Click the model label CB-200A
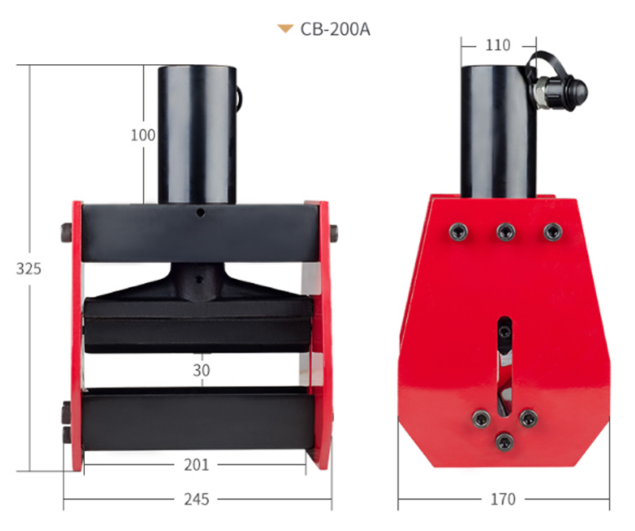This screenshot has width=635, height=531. tap(335, 29)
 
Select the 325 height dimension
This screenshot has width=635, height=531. tap(29, 268)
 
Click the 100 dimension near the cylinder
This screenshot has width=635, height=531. tap(143, 136)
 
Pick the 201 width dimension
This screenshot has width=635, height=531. tap(196, 465)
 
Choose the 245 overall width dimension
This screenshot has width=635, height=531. tap(196, 499)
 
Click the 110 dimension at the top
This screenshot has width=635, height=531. tap(498, 45)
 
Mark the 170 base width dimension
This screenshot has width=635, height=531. tap(502, 499)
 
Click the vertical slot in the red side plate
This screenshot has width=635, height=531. tap(504, 365)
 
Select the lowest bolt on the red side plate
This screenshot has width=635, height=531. tap(503, 440)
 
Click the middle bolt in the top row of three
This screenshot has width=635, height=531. tap(503, 231)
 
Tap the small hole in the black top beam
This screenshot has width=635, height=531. tap(202, 212)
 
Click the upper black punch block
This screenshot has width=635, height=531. tap(196, 323)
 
